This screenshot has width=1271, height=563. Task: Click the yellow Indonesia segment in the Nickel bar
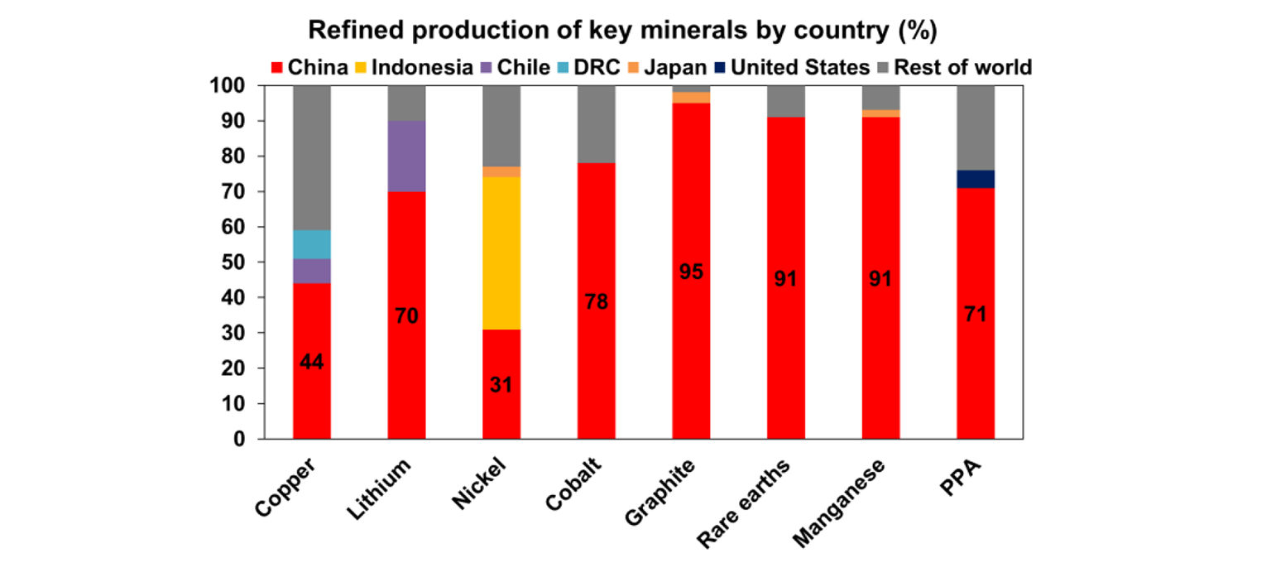coord(501,253)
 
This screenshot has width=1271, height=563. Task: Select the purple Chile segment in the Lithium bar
coord(406,156)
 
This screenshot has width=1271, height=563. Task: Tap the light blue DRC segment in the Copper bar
coord(311,243)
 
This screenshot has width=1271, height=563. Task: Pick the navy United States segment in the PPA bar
coord(976,179)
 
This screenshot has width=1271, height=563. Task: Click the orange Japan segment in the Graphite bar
coord(691,98)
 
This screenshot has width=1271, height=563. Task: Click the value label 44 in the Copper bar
coord(311,362)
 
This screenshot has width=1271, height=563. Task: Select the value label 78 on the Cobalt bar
coord(596,301)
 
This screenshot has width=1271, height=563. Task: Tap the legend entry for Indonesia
coord(414,67)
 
